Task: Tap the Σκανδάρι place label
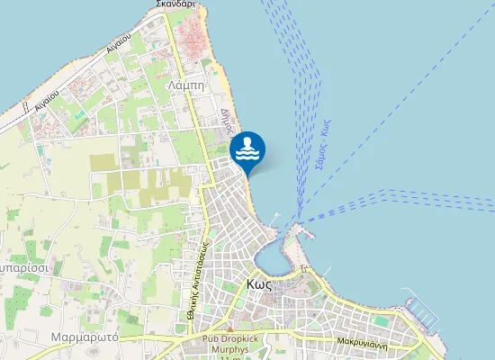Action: (175, 4)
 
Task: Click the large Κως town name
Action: (259, 283)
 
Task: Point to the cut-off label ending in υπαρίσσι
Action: (18, 269)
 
